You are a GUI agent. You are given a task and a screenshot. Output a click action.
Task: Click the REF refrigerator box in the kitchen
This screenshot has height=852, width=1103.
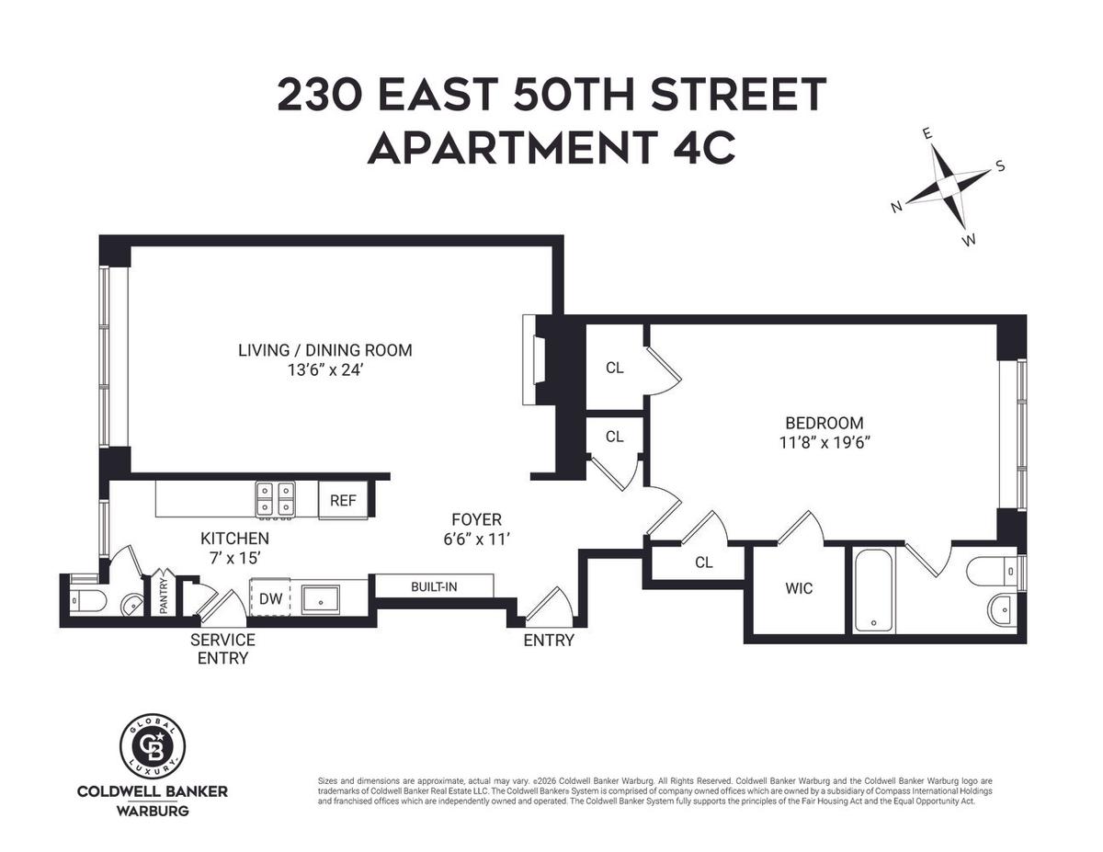click(343, 500)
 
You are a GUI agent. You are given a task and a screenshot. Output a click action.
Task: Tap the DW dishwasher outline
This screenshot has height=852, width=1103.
click(270, 597)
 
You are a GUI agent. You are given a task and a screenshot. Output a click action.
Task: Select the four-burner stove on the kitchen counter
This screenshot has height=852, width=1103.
click(275, 500)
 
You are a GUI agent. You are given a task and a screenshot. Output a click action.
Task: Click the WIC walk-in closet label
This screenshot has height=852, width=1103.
click(799, 588)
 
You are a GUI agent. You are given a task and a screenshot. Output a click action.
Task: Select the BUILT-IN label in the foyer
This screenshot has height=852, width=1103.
click(434, 587)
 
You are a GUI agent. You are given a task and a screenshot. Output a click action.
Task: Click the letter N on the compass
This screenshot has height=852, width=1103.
click(897, 207)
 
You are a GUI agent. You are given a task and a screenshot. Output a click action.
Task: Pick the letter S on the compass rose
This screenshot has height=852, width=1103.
click(1000, 166)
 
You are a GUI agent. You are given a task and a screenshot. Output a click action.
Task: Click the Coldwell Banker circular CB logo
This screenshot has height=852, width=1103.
click(153, 746)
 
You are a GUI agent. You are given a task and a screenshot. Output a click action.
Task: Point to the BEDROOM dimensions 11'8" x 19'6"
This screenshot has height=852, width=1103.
click(824, 443)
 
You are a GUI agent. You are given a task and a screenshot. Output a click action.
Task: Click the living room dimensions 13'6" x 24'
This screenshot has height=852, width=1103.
click(325, 369)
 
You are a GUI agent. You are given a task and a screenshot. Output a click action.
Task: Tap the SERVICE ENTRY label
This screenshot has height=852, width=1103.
click(222, 649)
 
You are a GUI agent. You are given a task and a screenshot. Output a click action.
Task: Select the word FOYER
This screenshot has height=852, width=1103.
click(477, 519)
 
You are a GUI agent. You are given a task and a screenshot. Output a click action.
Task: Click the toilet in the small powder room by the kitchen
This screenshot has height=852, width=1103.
click(89, 601)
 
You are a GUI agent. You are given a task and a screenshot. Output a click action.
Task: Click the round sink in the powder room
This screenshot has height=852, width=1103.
click(132, 605)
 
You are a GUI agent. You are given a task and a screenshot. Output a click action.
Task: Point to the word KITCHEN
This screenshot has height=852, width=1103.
click(235, 538)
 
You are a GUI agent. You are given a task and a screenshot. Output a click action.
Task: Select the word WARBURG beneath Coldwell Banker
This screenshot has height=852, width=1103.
click(153, 811)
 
